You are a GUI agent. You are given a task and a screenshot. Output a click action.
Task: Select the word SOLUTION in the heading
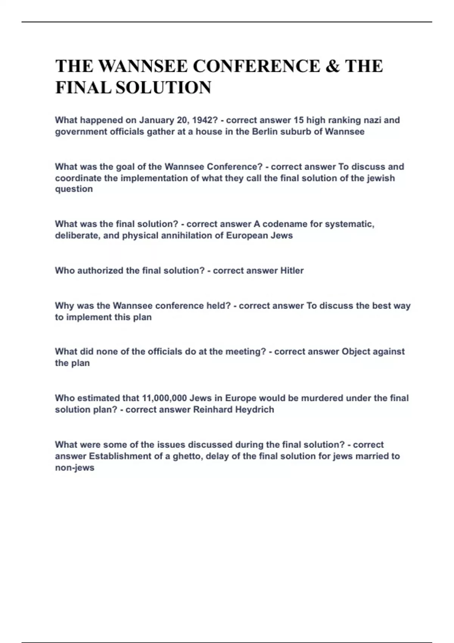[163, 88]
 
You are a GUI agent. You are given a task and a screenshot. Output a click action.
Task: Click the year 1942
[205, 120]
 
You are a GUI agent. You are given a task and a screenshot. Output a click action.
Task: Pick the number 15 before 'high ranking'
[299, 120]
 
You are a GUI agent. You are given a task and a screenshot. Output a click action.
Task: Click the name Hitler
[292, 271]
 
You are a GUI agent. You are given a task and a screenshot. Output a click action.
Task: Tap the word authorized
[100, 271]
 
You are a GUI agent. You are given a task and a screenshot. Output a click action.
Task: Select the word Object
[356, 352]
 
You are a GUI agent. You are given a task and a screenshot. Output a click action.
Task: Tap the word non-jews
[75, 468]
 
